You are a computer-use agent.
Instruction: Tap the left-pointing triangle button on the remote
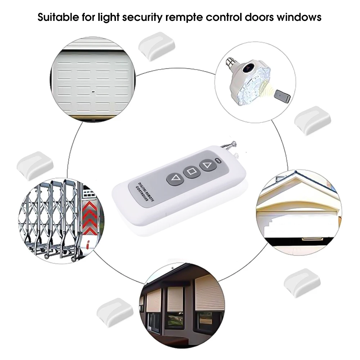[x=175, y=177]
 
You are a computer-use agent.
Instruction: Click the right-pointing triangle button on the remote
[x=207, y=165]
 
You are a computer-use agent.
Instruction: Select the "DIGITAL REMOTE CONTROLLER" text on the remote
[x=146, y=194]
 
